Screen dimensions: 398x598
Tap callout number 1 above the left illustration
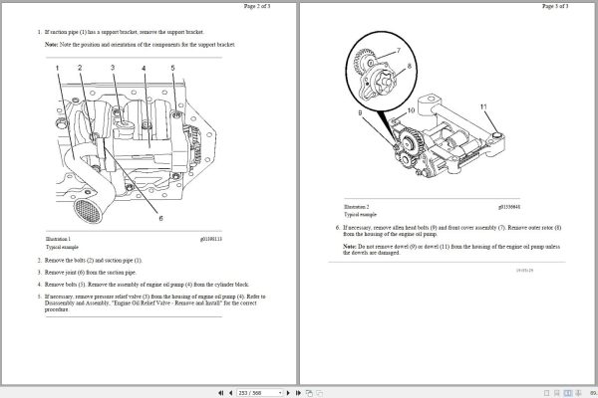coord(59,69)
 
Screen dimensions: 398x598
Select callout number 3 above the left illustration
coord(113,69)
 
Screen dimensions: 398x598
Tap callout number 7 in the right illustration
coord(398,50)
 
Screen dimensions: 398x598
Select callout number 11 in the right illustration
coord(483,105)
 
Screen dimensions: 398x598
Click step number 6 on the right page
coord(337,225)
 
